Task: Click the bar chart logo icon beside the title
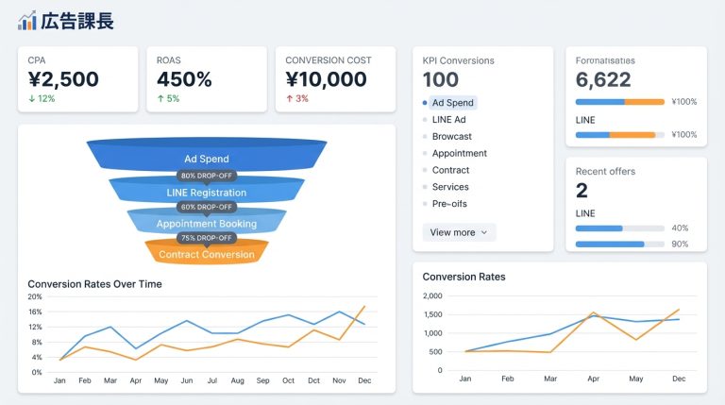pyautogui.click(x=26, y=20)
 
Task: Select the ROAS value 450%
pyautogui.click(x=184, y=79)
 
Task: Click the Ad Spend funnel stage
pyautogui.click(x=207, y=159)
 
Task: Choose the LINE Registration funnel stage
pyautogui.click(x=207, y=193)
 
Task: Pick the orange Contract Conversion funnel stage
pyautogui.click(x=207, y=254)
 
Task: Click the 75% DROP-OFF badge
pyautogui.click(x=206, y=238)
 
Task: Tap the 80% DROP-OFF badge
pyautogui.click(x=206, y=175)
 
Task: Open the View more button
pyautogui.click(x=459, y=232)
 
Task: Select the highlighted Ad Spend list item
pyautogui.click(x=452, y=103)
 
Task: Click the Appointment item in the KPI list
pyautogui.click(x=459, y=153)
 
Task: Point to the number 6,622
pyautogui.click(x=602, y=80)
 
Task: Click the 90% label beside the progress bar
pyautogui.click(x=680, y=245)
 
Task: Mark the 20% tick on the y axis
pyautogui.click(x=35, y=296)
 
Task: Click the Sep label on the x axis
pyautogui.click(x=261, y=380)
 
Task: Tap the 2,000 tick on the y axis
pyautogui.click(x=433, y=295)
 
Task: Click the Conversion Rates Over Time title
pyautogui.click(x=94, y=283)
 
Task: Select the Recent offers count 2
pyautogui.click(x=582, y=191)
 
